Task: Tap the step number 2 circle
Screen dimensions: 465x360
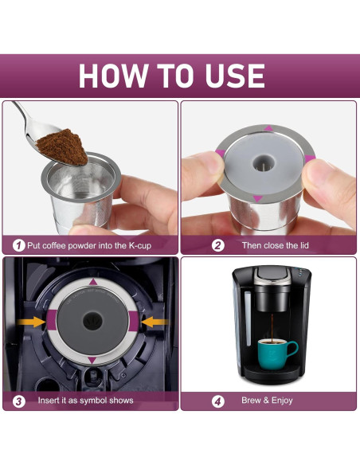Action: [x=217, y=245]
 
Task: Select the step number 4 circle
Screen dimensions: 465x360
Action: [x=217, y=400]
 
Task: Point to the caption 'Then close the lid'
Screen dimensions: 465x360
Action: [x=276, y=245]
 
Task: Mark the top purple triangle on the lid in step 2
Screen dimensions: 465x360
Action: [x=268, y=128]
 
